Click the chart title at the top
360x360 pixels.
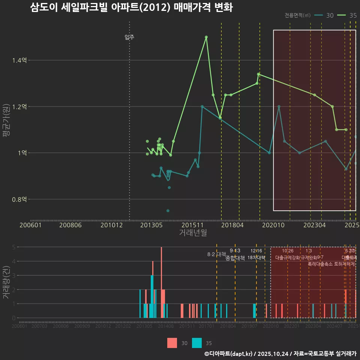pyautogui.click(x=131, y=8)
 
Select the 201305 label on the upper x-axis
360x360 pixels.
pyautogui.click(x=151, y=225)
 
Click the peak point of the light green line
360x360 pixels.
pyautogui.click(x=206, y=37)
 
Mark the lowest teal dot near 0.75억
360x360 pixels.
pyautogui.click(x=168, y=211)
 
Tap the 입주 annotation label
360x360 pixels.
pyautogui.click(x=129, y=37)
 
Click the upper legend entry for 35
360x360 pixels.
pyautogui.click(x=347, y=15)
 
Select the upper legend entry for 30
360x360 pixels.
pyautogui.click(x=324, y=15)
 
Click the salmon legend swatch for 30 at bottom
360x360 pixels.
pyautogui.click(x=172, y=343)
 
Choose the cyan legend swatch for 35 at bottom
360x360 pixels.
pyautogui.click(x=196, y=343)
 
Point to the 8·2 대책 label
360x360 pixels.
pyautogui.click(x=216, y=254)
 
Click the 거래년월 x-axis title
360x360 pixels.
pyautogui.click(x=193, y=233)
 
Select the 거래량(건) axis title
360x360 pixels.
pyautogui.click(x=6, y=282)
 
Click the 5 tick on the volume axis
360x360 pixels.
pyautogui.click(x=13, y=247)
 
